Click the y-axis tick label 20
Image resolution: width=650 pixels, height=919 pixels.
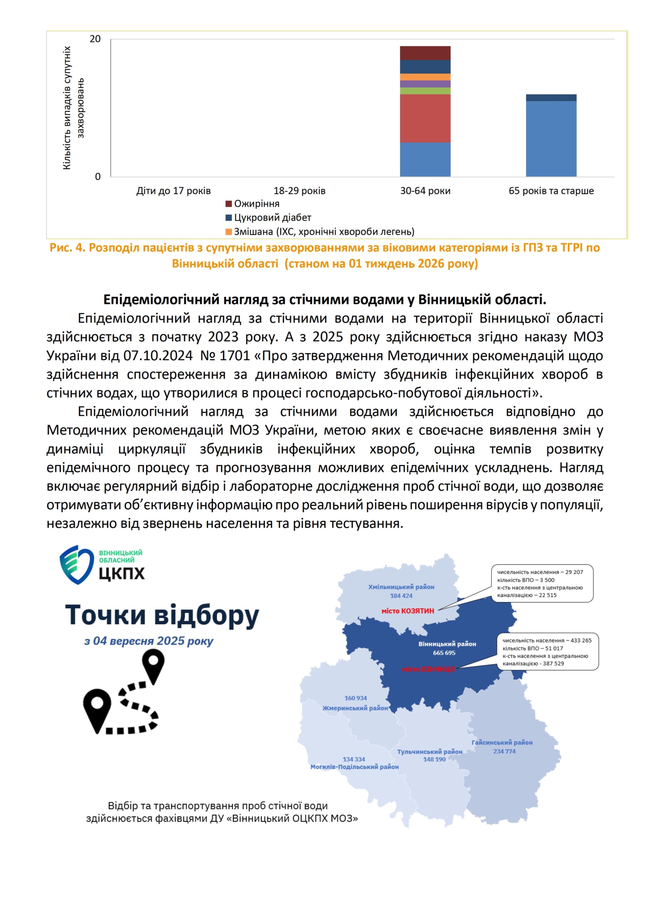tap(95, 39)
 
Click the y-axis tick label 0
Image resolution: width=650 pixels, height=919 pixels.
tap(97, 177)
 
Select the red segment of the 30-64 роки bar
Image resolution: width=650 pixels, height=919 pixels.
tap(425, 118)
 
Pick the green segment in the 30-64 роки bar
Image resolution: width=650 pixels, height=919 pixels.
tap(425, 91)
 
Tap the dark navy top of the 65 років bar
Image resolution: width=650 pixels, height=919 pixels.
tap(551, 98)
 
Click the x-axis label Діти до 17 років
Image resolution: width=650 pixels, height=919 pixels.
tap(173, 191)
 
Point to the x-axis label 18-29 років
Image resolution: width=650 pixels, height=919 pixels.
tap(299, 191)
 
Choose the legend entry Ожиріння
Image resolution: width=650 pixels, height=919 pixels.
tap(256, 204)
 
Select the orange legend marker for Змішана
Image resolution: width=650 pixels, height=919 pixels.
tap(229, 232)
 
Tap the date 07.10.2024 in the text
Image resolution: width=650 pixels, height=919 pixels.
tap(158, 356)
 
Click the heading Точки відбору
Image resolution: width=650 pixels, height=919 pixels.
tap(162, 615)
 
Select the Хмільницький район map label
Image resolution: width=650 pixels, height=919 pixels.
tap(401, 587)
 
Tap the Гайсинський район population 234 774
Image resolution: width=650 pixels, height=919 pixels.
tap(504, 752)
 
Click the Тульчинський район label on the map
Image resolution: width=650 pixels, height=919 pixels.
tap(429, 752)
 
